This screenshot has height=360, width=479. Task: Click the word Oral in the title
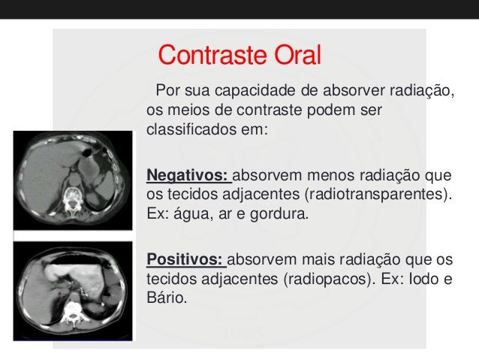pyautogui.click(x=295, y=55)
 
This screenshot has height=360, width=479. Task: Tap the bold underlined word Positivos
pyautogui.click(x=185, y=260)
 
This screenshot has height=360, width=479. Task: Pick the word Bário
pyautogui.click(x=163, y=297)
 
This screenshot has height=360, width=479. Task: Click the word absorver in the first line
pyautogui.click(x=358, y=92)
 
